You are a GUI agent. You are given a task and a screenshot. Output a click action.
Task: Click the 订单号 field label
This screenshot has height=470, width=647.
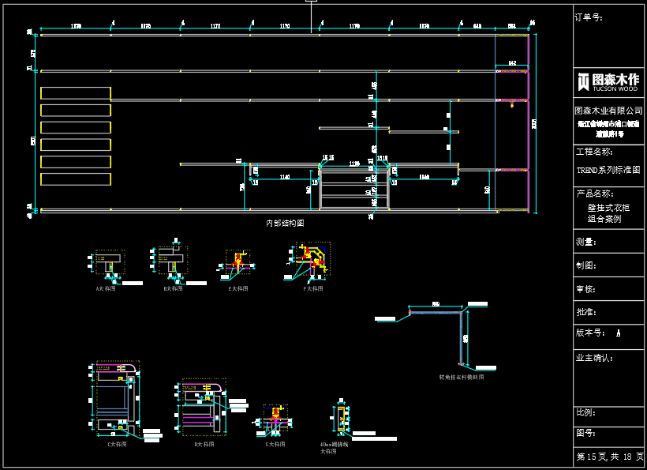coord(589,17)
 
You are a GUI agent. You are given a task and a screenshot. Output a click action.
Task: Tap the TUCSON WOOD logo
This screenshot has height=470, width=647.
coord(608,81)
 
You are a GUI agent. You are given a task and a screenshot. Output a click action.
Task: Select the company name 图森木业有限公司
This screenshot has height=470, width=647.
coord(608,111)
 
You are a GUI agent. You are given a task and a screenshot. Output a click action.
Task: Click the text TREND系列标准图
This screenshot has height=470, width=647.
coord(608,170)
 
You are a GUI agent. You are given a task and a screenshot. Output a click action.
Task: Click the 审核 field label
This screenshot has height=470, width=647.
coord(586,290)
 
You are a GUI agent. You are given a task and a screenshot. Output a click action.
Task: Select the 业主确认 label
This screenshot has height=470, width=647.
coord(594,358)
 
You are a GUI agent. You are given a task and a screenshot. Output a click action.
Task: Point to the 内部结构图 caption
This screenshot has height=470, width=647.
coord(285,224)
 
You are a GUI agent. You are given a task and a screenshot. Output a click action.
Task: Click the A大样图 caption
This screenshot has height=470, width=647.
coord(106,289)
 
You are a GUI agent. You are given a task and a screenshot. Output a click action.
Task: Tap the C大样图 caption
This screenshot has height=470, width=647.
coord(118,445)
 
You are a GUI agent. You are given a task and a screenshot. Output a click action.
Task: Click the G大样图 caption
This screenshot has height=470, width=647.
coord(275,445)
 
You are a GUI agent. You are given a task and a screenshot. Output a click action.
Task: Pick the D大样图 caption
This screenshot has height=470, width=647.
coord(204,445)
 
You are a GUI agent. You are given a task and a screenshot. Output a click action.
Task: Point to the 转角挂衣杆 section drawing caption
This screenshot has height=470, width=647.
coord(462,378)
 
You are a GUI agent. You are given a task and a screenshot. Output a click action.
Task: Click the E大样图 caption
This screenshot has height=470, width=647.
coord(237,289)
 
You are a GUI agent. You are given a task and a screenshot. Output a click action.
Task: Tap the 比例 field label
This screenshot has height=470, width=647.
coord(586,412)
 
